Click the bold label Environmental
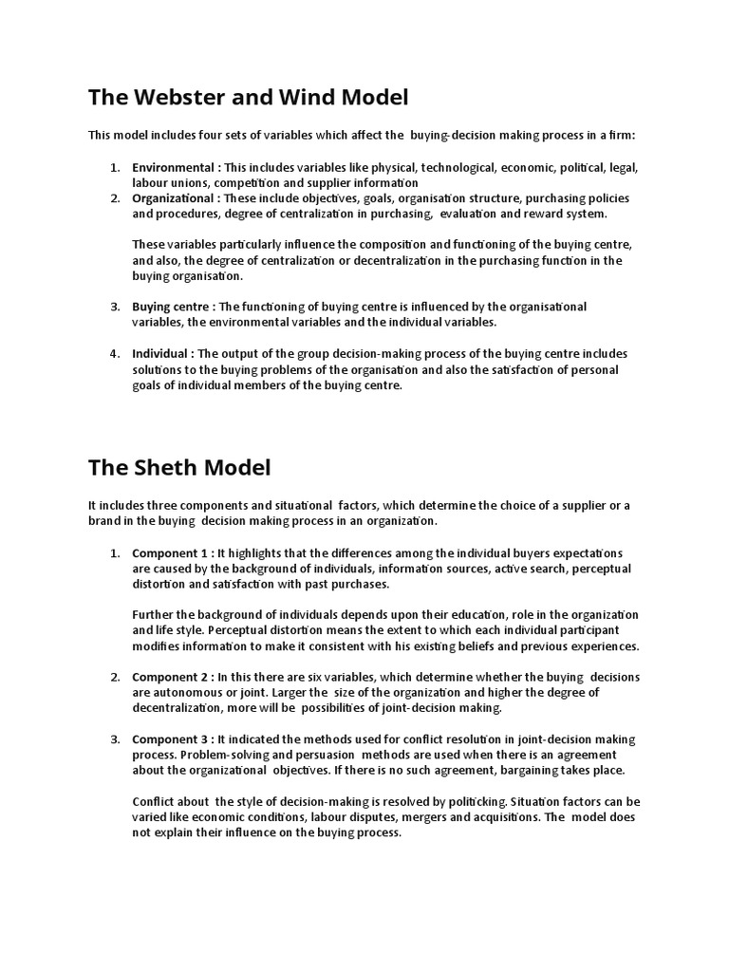click(174, 168)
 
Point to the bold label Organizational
click(174, 198)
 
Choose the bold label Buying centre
click(171, 307)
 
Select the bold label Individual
click(159, 353)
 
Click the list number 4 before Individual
click(115, 353)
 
